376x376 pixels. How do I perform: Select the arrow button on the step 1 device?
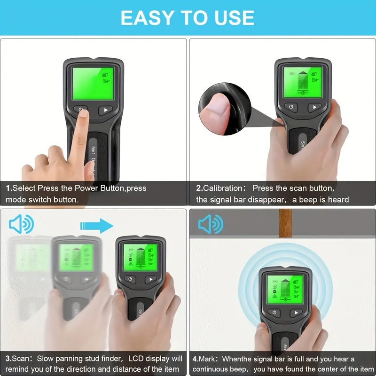point(106,111)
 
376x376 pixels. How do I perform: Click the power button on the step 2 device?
point(291,107)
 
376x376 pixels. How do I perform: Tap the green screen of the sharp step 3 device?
point(140,257)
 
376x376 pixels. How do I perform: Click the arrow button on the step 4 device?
point(296,313)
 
